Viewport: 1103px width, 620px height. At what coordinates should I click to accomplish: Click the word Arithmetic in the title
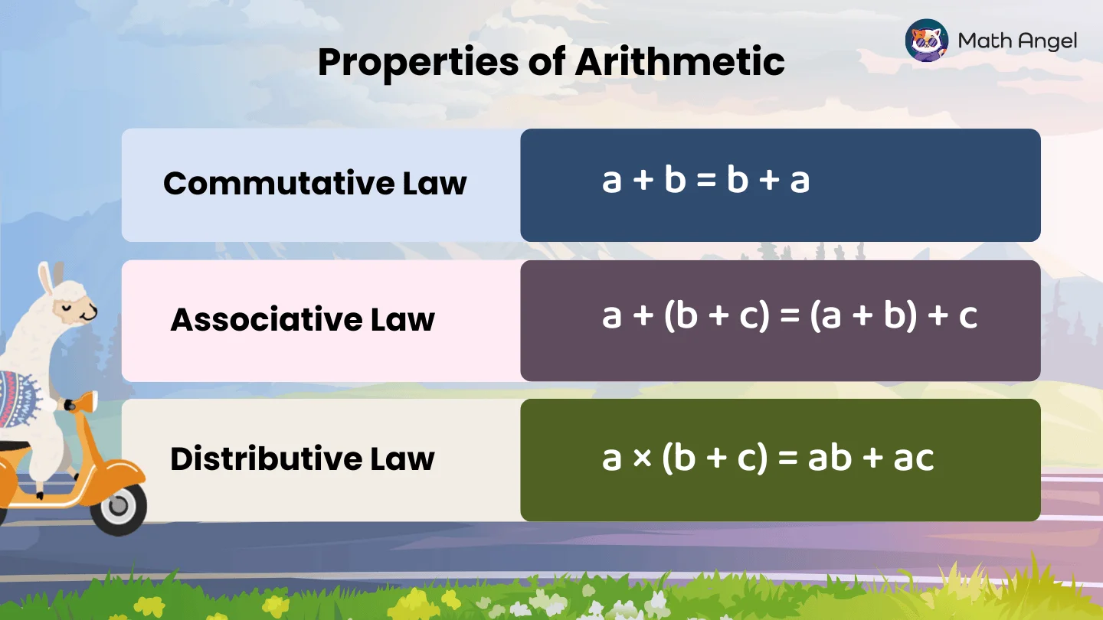[x=679, y=61]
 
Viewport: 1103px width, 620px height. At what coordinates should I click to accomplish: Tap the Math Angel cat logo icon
[x=926, y=41]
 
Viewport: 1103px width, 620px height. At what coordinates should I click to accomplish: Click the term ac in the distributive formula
[x=912, y=458]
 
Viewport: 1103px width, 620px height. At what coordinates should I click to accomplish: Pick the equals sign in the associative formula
[x=788, y=316]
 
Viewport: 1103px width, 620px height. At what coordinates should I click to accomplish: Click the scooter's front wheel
[x=118, y=507]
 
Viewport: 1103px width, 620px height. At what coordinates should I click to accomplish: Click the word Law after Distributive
[x=403, y=458]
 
